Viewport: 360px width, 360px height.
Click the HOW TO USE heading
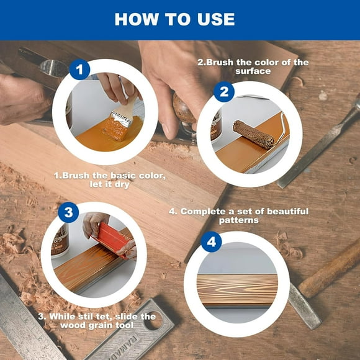pyautogui.click(x=174, y=19)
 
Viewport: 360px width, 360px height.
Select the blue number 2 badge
pyautogui.click(x=223, y=92)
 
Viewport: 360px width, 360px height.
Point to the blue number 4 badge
pyautogui.click(x=211, y=241)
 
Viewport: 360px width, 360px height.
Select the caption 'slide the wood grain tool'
pyautogui.click(x=96, y=321)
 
